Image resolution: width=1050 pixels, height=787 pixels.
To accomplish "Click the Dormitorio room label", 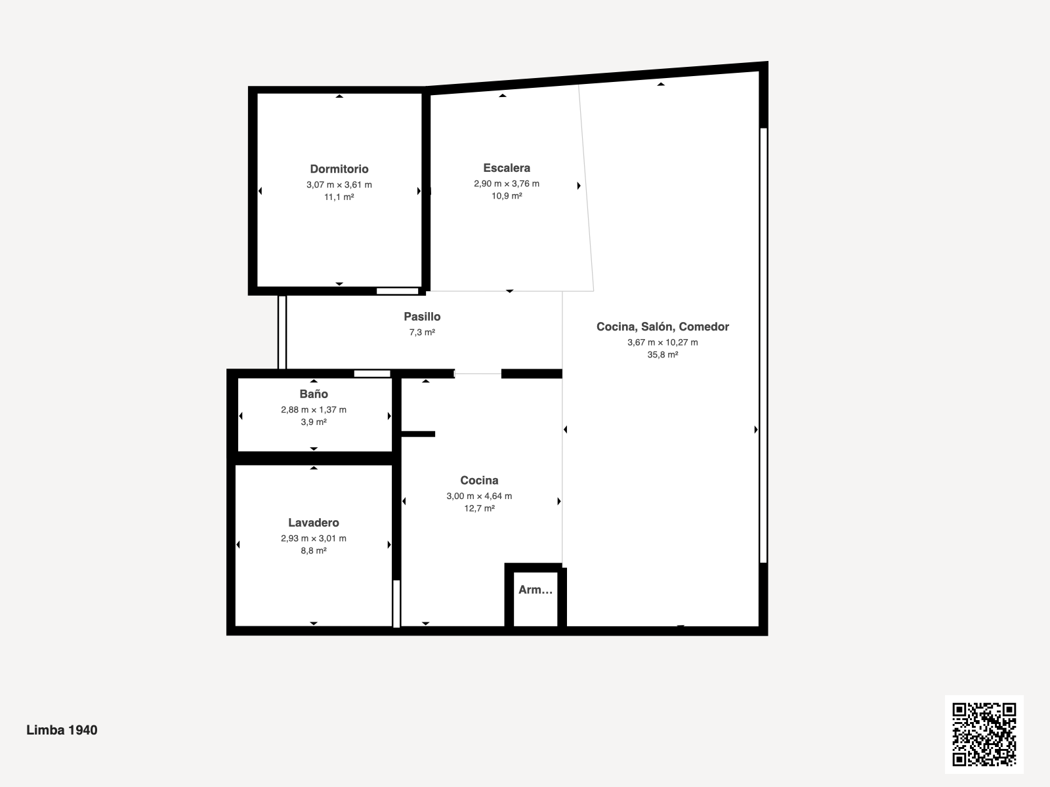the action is [339, 169].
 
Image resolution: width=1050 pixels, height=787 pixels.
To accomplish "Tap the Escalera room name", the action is [507, 168].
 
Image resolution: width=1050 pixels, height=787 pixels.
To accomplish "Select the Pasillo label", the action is [422, 316].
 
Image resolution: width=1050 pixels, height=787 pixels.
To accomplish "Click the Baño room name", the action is [314, 393].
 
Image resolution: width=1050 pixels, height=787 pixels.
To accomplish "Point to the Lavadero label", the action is [313, 522].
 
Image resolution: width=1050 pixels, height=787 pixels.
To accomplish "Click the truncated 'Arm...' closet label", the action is [535, 590].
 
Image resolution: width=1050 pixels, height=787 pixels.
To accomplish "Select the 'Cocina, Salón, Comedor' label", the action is [663, 327].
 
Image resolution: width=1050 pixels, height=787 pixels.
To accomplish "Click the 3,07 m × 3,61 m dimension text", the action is [339, 184].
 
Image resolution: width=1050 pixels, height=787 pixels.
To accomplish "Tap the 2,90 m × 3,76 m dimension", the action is [507, 184].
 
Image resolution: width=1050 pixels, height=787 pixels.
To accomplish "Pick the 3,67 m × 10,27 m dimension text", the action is [663, 342].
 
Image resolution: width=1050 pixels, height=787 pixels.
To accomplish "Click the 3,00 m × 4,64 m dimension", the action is [479, 496].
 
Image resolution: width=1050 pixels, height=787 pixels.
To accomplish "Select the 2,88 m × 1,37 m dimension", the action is [314, 409].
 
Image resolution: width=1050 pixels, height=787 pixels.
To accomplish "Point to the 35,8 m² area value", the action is [663, 355].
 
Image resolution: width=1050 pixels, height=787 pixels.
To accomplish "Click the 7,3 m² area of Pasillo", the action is [422, 332].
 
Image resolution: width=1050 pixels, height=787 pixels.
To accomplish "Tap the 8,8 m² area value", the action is [314, 550].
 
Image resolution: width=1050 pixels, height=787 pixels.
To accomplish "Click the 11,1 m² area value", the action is [339, 197].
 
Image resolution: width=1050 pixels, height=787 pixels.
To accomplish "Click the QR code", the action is [984, 735].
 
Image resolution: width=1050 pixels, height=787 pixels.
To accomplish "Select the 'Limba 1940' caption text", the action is [62, 730].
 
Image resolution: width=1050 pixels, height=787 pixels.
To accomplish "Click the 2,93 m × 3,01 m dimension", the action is [314, 538].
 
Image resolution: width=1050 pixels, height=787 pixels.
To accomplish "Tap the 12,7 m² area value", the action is [479, 508].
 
